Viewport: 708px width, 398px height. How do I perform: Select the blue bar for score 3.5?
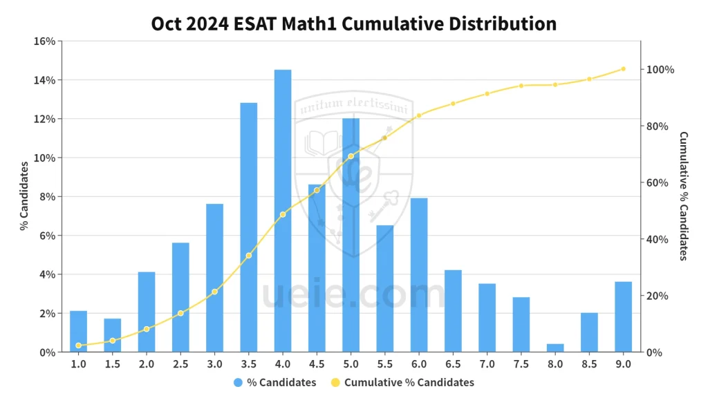tap(249, 227)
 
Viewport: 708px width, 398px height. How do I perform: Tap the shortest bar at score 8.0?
tap(555, 348)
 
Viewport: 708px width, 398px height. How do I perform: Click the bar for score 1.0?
tap(79, 332)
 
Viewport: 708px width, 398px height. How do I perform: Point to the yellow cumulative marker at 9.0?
tap(623, 69)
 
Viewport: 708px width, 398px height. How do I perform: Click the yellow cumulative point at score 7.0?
tap(487, 94)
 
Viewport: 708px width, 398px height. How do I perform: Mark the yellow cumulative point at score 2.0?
tap(147, 329)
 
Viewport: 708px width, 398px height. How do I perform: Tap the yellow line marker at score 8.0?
tap(555, 85)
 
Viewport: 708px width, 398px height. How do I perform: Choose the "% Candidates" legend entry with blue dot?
tap(275, 382)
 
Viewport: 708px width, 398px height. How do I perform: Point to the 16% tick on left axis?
tap(45, 41)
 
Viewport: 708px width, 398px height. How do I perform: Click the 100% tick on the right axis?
tap(660, 70)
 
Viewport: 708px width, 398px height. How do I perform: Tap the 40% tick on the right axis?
tap(657, 240)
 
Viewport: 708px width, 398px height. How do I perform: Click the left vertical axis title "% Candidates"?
tap(24, 196)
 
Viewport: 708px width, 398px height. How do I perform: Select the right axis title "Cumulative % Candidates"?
tap(684, 196)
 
